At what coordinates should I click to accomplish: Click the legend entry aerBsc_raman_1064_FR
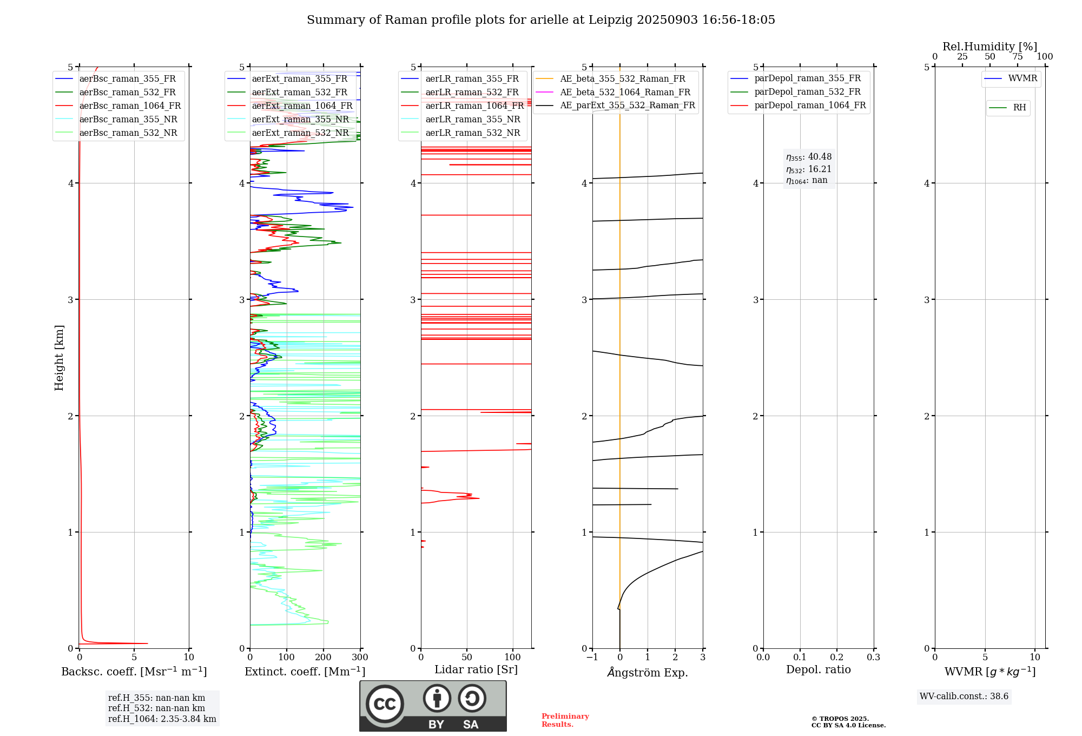point(130,106)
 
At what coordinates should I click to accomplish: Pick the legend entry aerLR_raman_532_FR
point(472,93)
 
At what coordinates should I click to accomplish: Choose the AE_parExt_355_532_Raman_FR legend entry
point(628,106)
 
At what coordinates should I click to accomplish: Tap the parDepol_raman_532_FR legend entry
point(807,92)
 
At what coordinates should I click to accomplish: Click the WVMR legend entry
point(1022,79)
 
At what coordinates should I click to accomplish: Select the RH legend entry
point(1019,108)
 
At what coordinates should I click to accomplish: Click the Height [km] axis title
point(59,358)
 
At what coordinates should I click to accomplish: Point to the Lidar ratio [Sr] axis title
point(476,670)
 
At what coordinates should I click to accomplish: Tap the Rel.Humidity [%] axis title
point(989,47)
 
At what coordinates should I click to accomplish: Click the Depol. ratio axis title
point(818,670)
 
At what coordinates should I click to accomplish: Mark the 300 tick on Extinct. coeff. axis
point(360,658)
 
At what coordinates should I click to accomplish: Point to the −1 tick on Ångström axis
point(592,658)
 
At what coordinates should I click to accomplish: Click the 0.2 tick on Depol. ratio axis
point(837,658)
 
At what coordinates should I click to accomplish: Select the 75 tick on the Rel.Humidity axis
point(1018,57)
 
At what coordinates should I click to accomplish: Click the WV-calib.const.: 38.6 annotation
point(964,696)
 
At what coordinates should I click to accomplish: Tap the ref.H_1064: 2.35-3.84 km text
point(162,719)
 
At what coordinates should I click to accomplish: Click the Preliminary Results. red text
point(565,720)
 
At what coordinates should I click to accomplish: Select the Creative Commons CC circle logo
point(385,704)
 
